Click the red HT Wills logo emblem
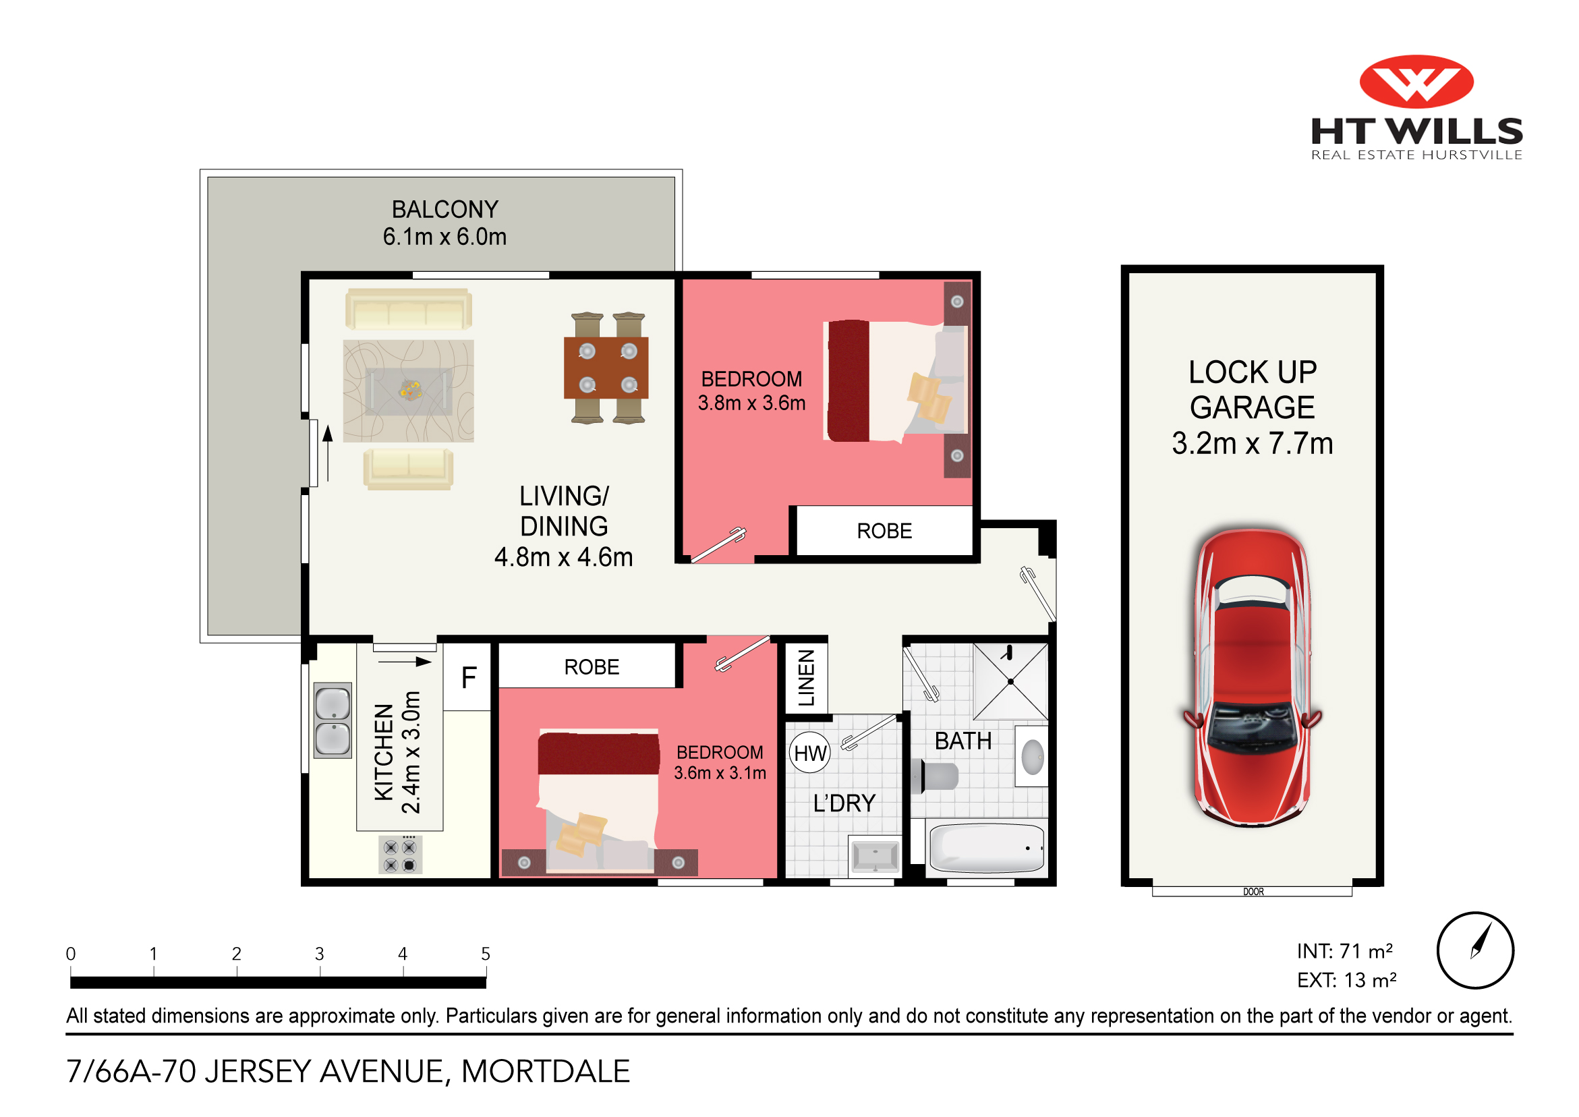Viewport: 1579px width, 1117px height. point(1416,81)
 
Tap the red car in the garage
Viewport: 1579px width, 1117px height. point(1253,677)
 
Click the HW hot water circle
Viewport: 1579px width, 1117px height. point(809,753)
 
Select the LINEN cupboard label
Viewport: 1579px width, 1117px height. point(806,678)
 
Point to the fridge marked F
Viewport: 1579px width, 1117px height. point(468,677)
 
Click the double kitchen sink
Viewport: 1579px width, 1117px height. point(333,720)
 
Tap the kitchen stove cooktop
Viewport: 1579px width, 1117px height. point(400,856)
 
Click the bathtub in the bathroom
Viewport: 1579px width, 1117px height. point(986,848)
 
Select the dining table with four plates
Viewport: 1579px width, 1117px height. point(606,368)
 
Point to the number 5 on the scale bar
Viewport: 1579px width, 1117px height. point(486,954)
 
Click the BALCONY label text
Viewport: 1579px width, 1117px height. point(445,209)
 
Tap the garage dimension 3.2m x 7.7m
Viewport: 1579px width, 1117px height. point(1253,444)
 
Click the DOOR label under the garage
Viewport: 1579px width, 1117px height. point(1253,892)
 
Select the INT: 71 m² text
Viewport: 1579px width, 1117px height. point(1344,951)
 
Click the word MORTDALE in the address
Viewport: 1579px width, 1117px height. point(546,1072)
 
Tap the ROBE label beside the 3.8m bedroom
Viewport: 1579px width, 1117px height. point(884,531)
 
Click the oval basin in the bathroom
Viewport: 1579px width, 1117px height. point(1032,757)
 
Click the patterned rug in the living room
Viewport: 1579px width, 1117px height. point(409,391)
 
